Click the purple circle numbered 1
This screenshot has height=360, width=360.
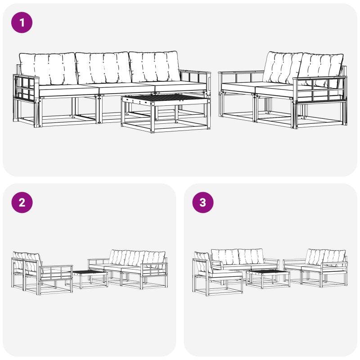22,22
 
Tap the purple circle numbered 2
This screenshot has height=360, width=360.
22,202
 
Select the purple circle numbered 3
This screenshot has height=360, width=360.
203,202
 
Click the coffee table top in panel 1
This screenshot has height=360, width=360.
166,99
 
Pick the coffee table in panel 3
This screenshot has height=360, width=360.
268,279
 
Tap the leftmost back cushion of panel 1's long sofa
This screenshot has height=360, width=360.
48,68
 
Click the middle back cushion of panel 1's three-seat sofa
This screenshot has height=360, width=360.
103,68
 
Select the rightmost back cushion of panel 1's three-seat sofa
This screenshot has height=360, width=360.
154,66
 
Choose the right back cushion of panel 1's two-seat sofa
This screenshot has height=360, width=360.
320,69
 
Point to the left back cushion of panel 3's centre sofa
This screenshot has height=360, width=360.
225,256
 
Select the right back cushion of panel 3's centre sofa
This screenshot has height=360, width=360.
251,256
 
